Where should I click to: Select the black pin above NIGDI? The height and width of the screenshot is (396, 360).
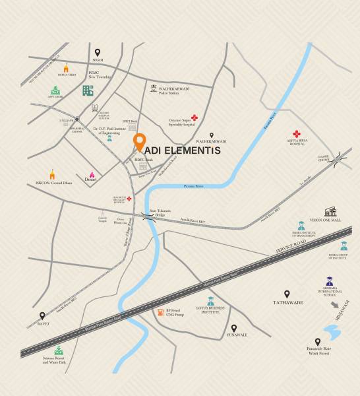(98, 52)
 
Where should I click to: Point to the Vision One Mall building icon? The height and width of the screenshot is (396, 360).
(330, 211)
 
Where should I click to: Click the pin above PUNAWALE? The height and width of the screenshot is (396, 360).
(233, 327)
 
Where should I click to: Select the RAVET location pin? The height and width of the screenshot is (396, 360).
(42, 316)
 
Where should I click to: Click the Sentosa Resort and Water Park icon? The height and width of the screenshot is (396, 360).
(60, 350)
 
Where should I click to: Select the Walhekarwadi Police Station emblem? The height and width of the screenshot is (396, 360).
(153, 88)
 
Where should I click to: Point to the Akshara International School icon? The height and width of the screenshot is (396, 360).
(329, 282)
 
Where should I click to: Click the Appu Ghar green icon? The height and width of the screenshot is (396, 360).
(55, 90)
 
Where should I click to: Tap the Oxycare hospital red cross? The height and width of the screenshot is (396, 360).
(195, 118)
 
